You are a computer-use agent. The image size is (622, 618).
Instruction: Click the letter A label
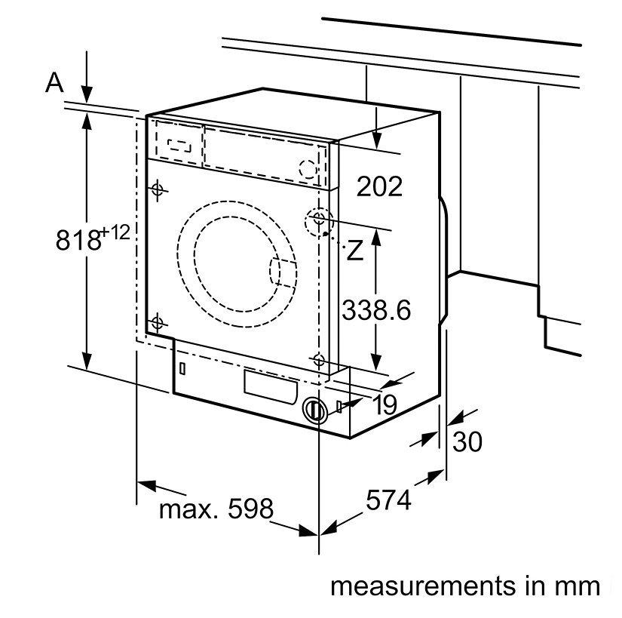pos(54,82)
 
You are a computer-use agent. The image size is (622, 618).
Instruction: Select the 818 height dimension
pos(78,239)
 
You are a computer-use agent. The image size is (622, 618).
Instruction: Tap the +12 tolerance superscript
pos(118,232)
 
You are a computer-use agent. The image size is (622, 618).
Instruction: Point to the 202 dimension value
pos(379,186)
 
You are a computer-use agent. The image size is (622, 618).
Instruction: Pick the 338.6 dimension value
pos(376,310)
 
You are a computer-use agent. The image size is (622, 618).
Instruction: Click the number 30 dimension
pos(467,441)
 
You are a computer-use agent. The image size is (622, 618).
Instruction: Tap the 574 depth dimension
pos(389,500)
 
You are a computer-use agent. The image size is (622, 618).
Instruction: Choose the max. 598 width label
pos(216,509)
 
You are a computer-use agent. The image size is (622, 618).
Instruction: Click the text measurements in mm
pos(465,586)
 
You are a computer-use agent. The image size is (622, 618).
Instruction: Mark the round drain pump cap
pos(314,410)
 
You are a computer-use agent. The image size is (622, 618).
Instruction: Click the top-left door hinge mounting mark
pos(157,189)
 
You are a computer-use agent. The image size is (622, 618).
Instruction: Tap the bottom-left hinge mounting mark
pos(157,323)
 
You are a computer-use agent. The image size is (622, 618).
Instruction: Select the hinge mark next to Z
pos(318,220)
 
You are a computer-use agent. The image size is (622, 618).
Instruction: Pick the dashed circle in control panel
pos(308,170)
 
